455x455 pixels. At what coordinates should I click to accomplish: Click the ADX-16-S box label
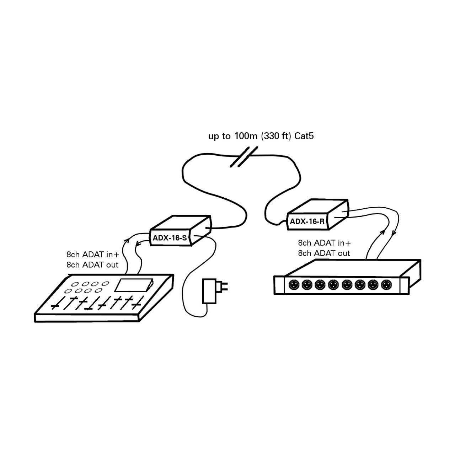pyautogui.click(x=170, y=238)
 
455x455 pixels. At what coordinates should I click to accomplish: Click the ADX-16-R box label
pyautogui.click(x=307, y=221)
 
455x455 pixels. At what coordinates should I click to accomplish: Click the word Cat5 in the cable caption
pyautogui.click(x=304, y=136)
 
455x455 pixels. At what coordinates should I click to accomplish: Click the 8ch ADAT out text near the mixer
pyautogui.click(x=92, y=265)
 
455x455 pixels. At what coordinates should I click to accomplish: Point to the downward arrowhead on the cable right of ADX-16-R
pyautogui.click(x=393, y=234)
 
